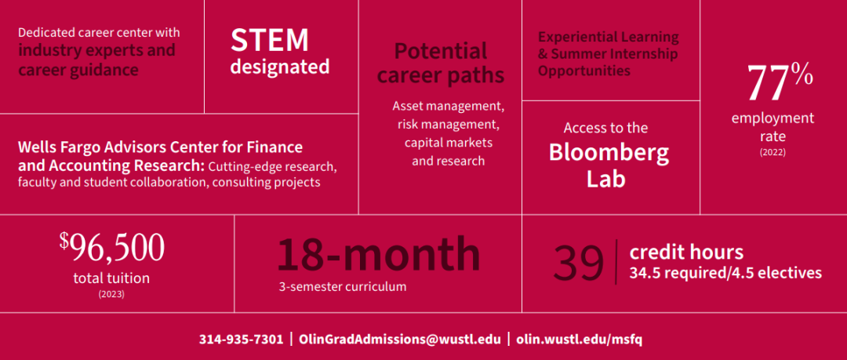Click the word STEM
[x=270, y=41]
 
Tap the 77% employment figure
[x=780, y=83]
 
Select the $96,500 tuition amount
[x=112, y=249]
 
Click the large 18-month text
[x=378, y=255]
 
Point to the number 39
[x=579, y=264]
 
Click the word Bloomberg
[x=609, y=154]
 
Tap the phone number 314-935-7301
[x=241, y=340]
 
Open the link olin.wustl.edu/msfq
[x=579, y=340]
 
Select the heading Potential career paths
[x=440, y=64]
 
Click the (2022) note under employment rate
[x=772, y=152]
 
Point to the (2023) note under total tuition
[x=111, y=295]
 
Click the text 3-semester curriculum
[x=343, y=287]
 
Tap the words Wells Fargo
[x=53, y=147]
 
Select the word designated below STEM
[x=280, y=67]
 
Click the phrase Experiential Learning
[x=609, y=38]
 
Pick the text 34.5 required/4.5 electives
[x=725, y=274]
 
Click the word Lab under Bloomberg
[x=606, y=180]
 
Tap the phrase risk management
[x=447, y=125]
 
